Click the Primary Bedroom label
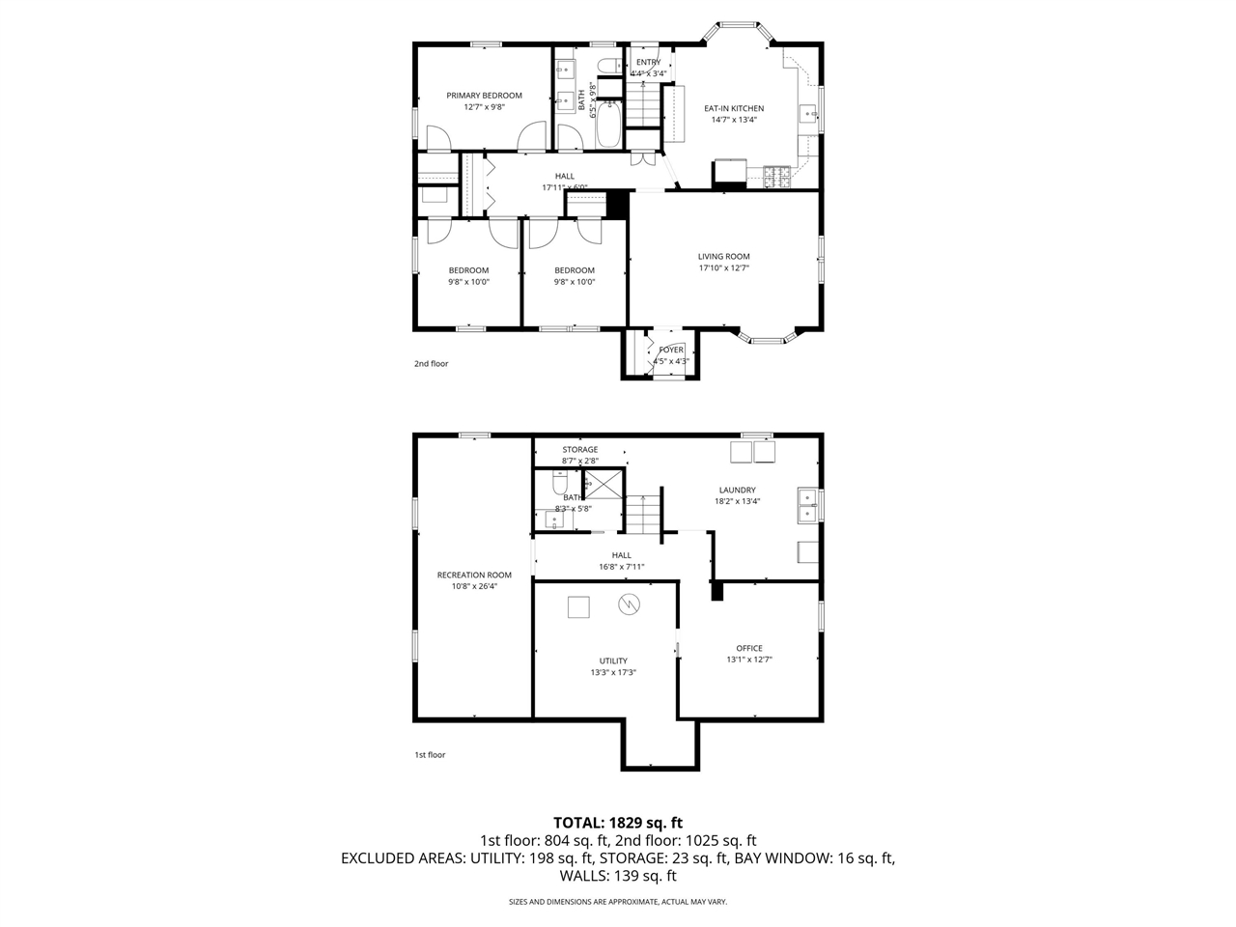click(x=484, y=96)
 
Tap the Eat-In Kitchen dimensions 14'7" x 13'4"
click(x=734, y=121)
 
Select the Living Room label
click(x=723, y=257)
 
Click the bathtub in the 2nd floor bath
click(x=608, y=125)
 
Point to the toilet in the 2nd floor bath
click(x=608, y=66)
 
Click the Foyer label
click(x=671, y=350)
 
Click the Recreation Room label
click(x=474, y=575)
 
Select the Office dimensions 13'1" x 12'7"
click(x=749, y=660)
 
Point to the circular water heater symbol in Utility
click(x=629, y=604)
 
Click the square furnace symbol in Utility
click(x=577, y=606)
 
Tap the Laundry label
click(x=737, y=490)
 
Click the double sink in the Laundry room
click(x=806, y=505)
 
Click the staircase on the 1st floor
click(x=642, y=512)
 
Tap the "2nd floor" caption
click(x=432, y=364)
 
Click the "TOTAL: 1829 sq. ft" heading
click(x=618, y=823)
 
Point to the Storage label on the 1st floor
click(x=580, y=449)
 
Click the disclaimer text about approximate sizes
click(x=618, y=902)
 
